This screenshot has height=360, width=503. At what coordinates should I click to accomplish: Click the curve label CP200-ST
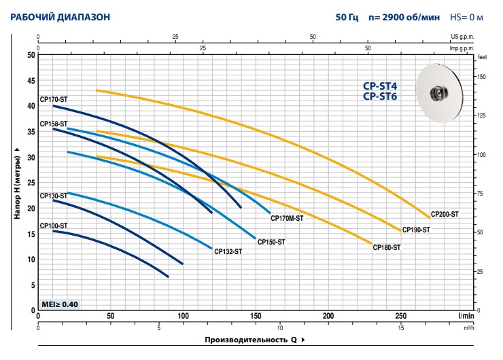[445, 214]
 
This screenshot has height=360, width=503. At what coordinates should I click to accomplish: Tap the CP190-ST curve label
[415, 230]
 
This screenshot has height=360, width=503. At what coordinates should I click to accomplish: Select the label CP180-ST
[386, 248]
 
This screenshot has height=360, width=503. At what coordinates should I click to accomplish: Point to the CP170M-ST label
[287, 219]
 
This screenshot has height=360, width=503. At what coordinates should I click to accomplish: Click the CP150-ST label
[271, 241]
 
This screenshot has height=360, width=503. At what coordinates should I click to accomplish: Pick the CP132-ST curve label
[228, 251]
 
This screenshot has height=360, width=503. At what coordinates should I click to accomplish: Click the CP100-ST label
[54, 226]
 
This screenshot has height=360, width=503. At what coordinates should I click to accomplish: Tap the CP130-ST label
[54, 196]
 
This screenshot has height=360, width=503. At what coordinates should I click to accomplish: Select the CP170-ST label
[54, 100]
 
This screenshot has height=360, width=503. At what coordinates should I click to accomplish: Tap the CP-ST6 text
[380, 97]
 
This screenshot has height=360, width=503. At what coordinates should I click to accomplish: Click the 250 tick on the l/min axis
[401, 316]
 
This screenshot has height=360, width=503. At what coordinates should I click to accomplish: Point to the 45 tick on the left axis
[31, 81]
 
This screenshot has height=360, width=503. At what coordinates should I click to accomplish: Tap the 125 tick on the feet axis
[482, 115]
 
